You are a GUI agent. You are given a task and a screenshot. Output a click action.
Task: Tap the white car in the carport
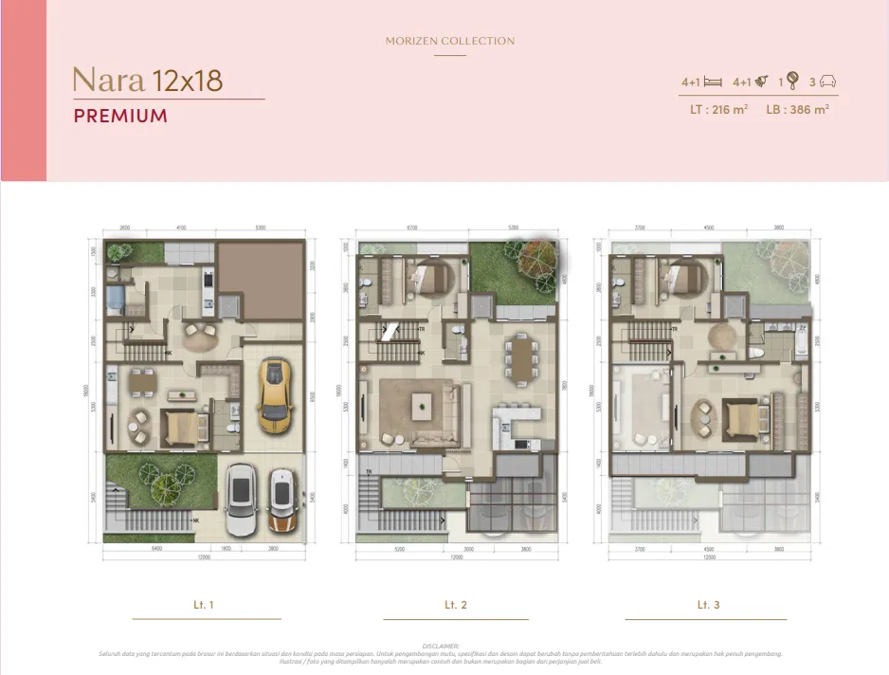pyautogui.click(x=241, y=501)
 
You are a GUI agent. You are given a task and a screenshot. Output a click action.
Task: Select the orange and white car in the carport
pyautogui.click(x=281, y=501)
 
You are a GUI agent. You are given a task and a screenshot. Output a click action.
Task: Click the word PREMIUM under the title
pyautogui.click(x=120, y=117)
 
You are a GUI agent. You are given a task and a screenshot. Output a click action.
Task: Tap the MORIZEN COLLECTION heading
pyautogui.click(x=450, y=42)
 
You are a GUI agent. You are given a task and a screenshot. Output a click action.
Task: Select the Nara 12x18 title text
pyautogui.click(x=148, y=81)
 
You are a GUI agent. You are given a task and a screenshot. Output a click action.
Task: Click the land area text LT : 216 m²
pyautogui.click(x=719, y=110)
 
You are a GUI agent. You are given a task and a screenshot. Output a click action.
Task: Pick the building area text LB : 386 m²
pyautogui.click(x=797, y=110)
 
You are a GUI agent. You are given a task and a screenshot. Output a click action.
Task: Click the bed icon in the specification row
pyautogui.click(x=713, y=82)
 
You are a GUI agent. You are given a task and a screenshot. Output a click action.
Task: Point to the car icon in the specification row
pyautogui.click(x=827, y=82)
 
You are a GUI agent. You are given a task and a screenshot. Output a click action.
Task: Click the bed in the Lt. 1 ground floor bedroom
pyautogui.click(x=179, y=429)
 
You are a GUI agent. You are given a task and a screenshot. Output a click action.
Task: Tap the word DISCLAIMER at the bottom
pyautogui.click(x=444, y=646)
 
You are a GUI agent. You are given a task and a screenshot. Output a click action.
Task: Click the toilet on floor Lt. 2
pyautogui.click(x=459, y=331)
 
